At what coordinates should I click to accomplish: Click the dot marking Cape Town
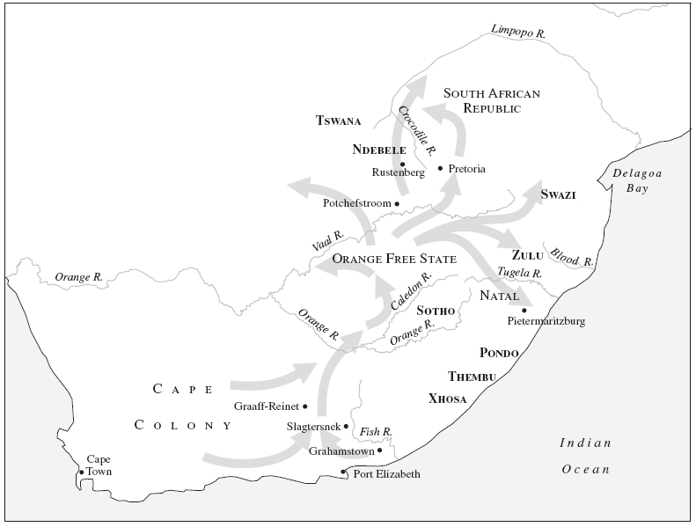82,472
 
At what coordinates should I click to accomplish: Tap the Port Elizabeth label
386,474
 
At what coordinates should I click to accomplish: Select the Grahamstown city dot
379,450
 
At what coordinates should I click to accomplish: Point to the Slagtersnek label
313,427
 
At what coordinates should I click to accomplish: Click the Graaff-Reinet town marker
304,406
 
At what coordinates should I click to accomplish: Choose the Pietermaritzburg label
546,321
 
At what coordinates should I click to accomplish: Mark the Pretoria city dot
440,168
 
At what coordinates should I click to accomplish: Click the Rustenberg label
398,173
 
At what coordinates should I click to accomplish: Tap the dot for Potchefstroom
397,203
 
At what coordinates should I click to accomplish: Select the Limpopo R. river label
518,33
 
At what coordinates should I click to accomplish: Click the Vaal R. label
326,244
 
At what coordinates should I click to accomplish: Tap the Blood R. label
572,257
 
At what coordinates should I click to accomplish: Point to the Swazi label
558,194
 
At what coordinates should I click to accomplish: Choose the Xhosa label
447,399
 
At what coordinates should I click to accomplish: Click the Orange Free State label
393,259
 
